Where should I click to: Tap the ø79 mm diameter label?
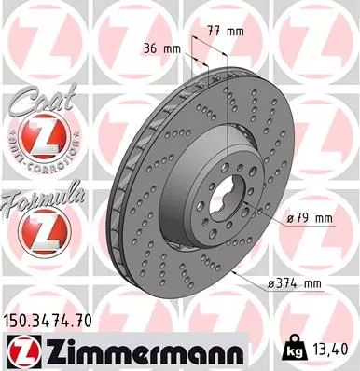tap(310, 219)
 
